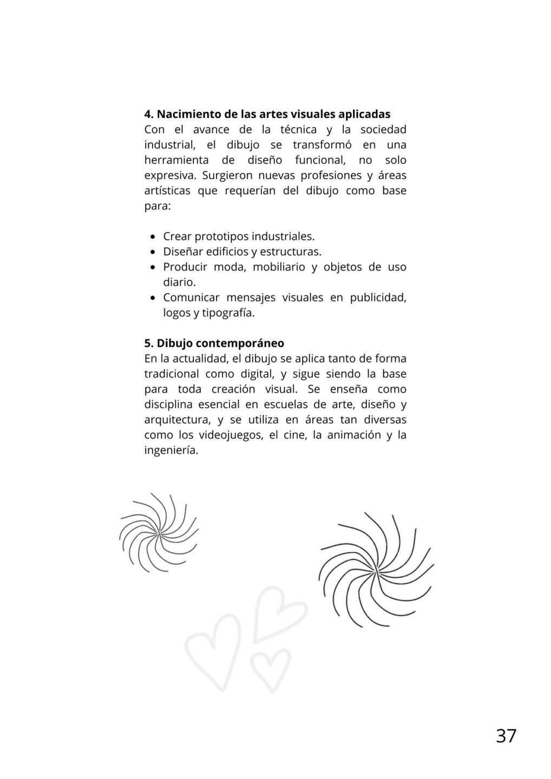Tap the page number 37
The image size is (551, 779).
point(506,736)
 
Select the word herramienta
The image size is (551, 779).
point(176,160)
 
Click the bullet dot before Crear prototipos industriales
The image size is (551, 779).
point(153,237)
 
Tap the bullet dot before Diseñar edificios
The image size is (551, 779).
point(153,252)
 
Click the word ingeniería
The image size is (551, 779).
point(171,450)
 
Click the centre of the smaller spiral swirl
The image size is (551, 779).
point(159,533)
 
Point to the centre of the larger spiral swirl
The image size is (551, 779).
point(376,571)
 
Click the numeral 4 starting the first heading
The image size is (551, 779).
point(147,114)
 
